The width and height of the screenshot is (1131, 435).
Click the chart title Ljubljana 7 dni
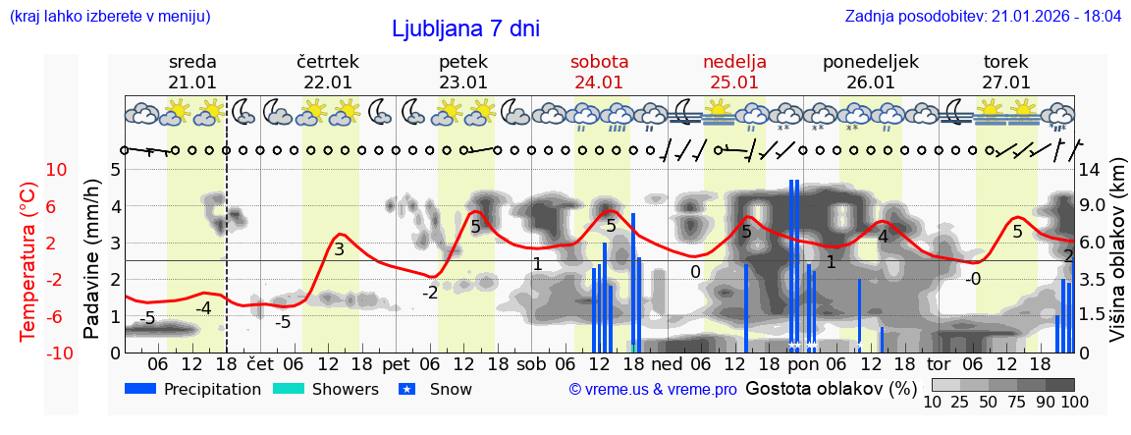coord(465,28)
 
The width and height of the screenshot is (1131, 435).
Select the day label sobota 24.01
coord(599,72)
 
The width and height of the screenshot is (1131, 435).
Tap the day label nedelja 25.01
coord(734,72)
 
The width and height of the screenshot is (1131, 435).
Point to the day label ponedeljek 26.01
coord(870,72)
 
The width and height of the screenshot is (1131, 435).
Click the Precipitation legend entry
coord(193,389)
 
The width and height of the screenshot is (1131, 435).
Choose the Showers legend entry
coord(325,389)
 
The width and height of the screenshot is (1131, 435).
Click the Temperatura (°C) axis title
coord(29,260)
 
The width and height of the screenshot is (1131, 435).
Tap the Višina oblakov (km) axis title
coord(1117,260)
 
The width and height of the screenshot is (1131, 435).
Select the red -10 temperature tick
coord(30,353)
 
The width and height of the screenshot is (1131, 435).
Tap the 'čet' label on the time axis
coord(260,362)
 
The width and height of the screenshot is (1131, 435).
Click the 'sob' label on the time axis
coord(531,362)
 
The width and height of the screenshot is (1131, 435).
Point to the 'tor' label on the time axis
coord(939,362)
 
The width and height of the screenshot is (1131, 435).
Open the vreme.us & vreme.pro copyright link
coord(653,390)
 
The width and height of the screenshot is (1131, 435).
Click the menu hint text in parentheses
coord(109,17)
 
